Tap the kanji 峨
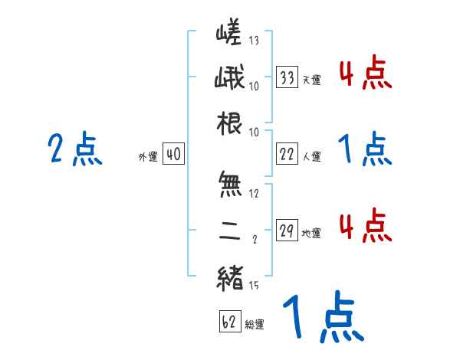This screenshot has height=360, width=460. click(229, 80)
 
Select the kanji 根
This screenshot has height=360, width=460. click(229, 125)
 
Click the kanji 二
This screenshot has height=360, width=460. click(229, 232)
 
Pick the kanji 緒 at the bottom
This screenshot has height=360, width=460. click(229, 278)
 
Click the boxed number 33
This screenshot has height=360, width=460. click(287, 77)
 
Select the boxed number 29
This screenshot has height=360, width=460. click(287, 231)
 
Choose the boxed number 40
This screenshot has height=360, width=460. click(173, 155)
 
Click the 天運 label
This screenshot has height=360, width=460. click(310, 80)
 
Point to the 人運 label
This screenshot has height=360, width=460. click(310, 156)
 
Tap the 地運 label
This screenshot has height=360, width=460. click(310, 233)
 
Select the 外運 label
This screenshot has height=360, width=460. click(147, 157)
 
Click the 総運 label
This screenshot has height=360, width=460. click(255, 323)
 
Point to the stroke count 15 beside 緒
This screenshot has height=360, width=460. click(254, 286)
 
